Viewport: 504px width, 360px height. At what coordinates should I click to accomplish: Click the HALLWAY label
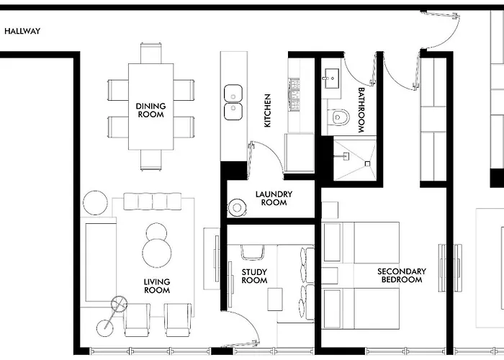tap(22, 31)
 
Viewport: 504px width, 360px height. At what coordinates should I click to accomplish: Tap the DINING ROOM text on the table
tap(150, 110)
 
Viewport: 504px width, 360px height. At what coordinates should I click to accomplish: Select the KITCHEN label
tap(267, 110)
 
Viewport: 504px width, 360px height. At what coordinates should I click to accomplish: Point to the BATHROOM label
tap(361, 110)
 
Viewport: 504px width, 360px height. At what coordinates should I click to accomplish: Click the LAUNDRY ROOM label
tap(274, 198)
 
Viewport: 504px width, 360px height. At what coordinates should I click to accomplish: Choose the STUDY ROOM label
tap(254, 276)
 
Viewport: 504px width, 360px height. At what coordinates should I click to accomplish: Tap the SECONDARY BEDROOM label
tap(402, 276)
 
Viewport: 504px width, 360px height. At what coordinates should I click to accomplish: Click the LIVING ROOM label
tap(157, 286)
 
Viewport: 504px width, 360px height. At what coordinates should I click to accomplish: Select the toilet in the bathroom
tap(338, 117)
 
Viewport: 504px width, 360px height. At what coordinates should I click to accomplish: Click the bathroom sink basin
tap(331, 78)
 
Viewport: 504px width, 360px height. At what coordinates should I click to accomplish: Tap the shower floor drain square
tap(367, 164)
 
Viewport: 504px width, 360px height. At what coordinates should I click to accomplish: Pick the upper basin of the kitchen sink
tap(233, 93)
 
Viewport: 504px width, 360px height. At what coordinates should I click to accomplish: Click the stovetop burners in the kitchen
tap(294, 94)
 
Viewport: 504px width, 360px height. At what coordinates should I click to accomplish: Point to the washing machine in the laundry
tap(237, 207)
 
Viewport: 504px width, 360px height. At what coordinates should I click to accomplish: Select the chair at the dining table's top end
tap(151, 53)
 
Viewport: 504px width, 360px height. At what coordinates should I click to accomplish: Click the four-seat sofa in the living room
tap(153, 202)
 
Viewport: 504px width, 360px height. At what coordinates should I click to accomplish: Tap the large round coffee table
tap(157, 253)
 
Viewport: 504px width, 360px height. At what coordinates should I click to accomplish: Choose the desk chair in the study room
tap(252, 252)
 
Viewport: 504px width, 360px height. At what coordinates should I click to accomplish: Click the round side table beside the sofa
tap(96, 203)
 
